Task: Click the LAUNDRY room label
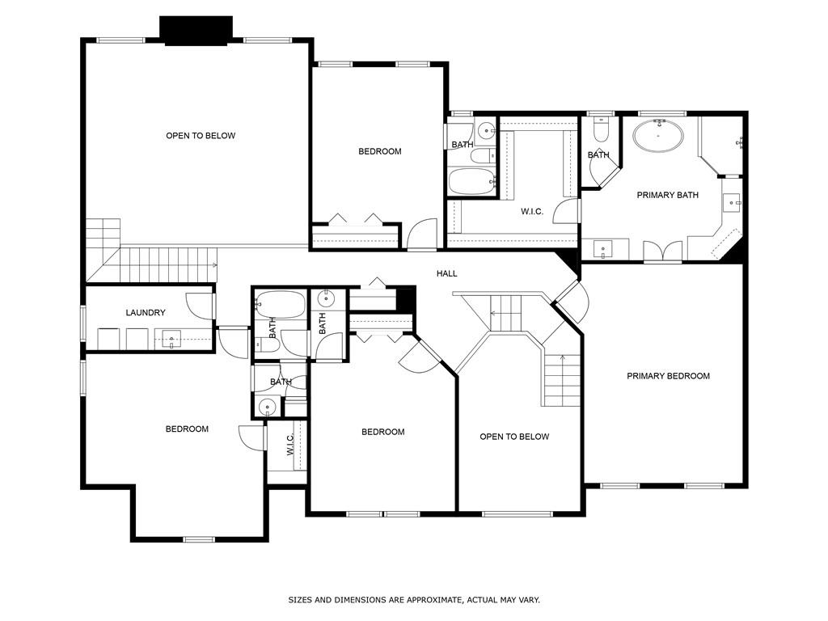click(146, 312)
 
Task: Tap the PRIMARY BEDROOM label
click(668, 376)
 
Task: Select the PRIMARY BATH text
click(667, 195)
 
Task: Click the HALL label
click(447, 274)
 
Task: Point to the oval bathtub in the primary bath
click(657, 136)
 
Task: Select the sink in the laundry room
click(171, 339)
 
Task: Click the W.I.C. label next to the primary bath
click(531, 212)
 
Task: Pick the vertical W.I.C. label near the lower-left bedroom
click(289, 446)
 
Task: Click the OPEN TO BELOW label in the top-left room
click(201, 136)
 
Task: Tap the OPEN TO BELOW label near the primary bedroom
click(514, 437)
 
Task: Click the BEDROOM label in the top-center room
click(380, 151)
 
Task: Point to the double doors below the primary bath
click(662, 251)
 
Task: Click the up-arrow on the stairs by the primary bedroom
click(563, 357)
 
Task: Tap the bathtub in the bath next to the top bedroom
click(471, 181)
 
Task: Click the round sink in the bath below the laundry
click(266, 407)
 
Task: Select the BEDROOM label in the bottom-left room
click(187, 429)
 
